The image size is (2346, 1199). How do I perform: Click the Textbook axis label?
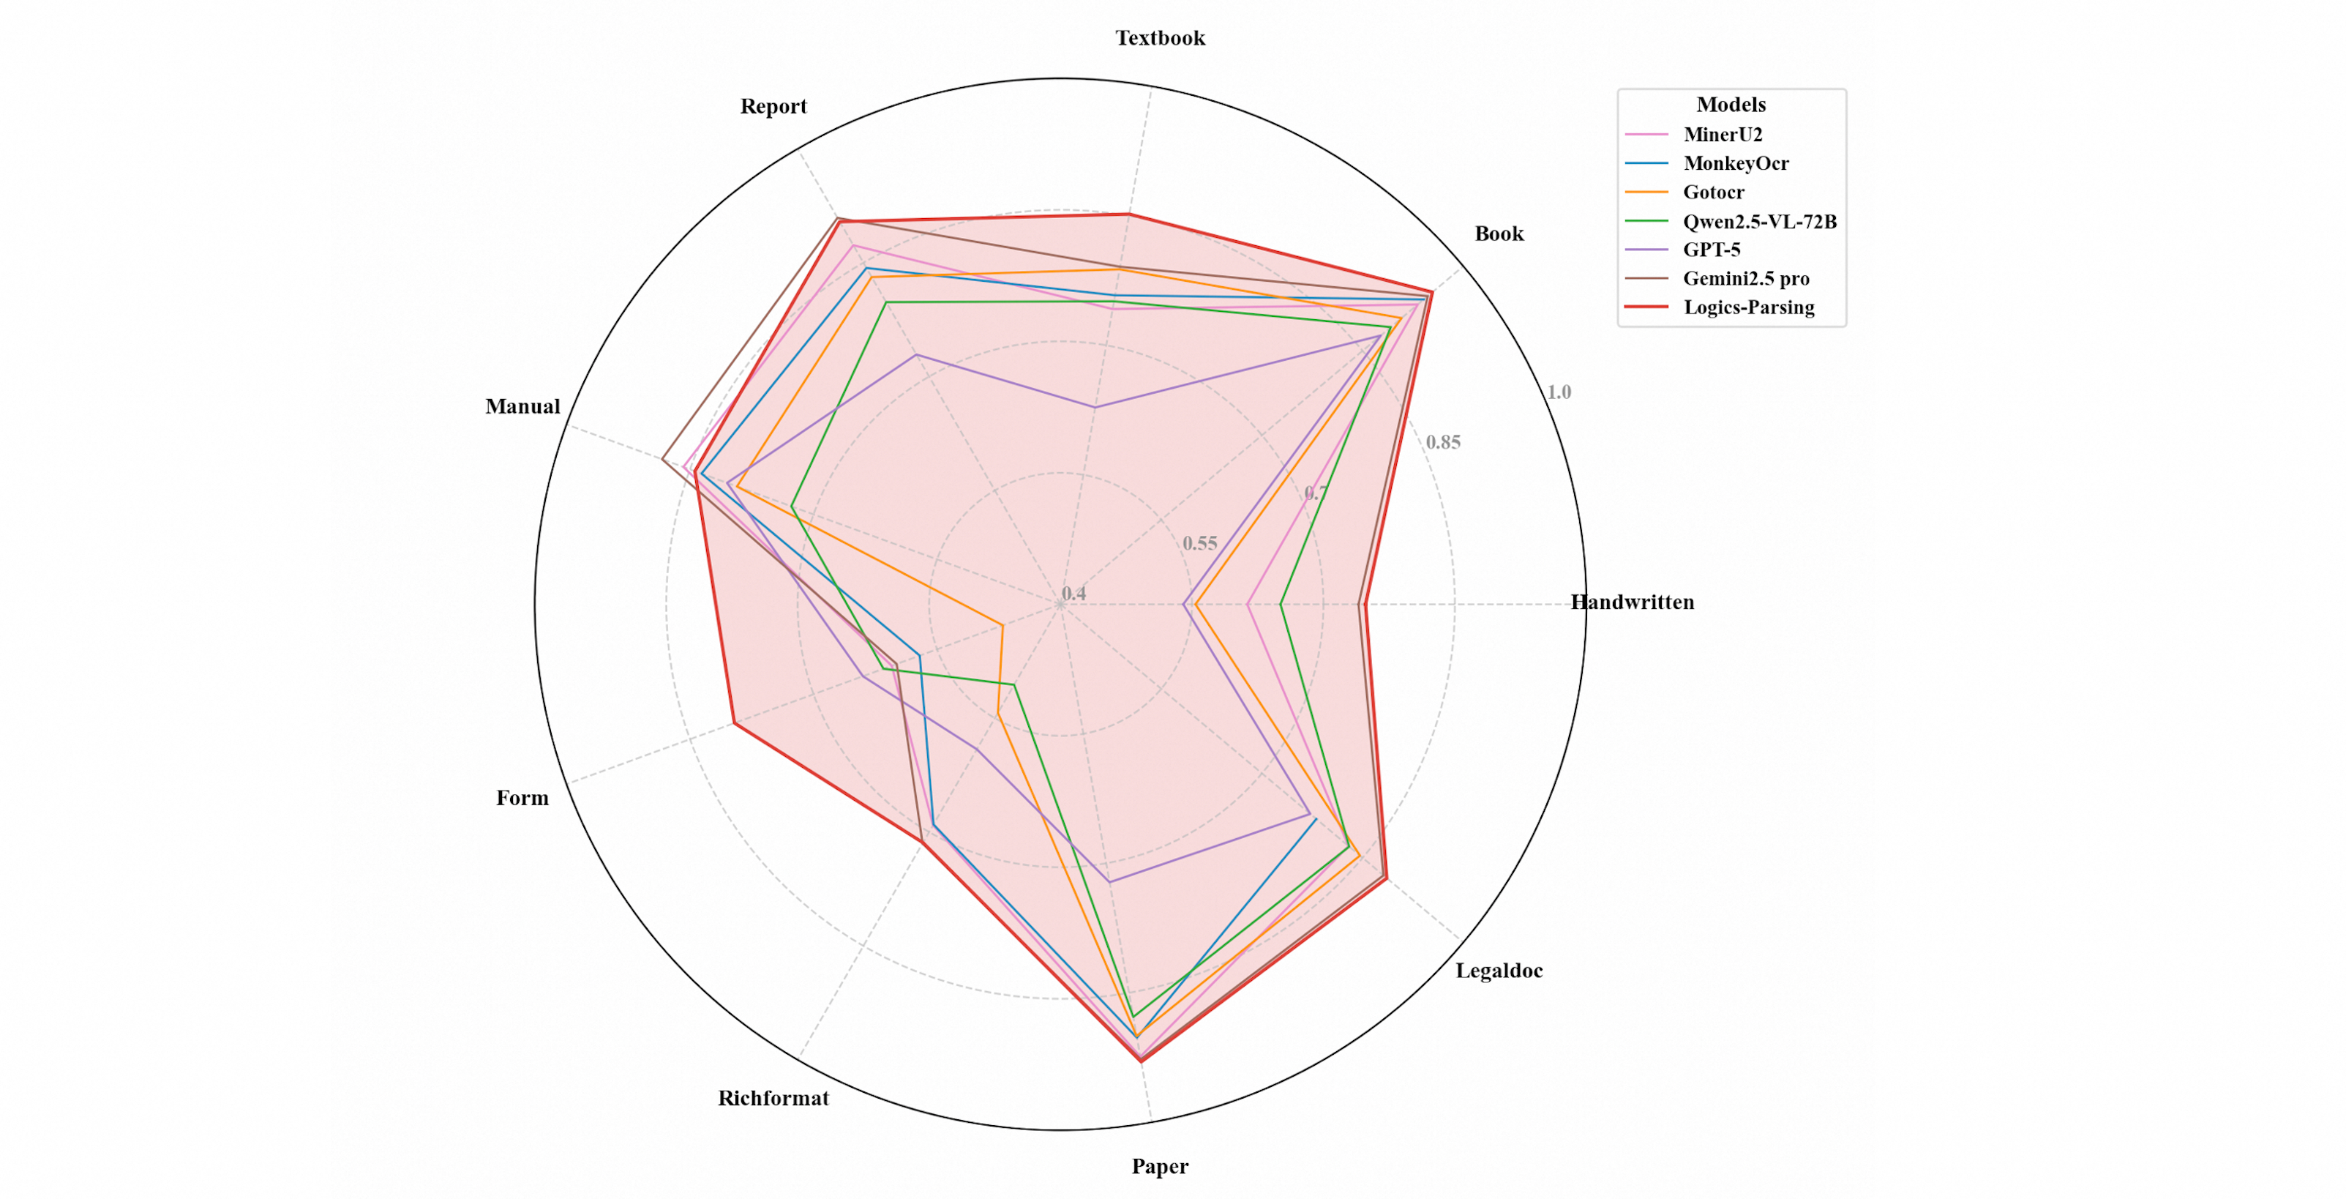point(1161,38)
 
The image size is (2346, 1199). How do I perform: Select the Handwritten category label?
point(1632,602)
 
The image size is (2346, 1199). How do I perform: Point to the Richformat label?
point(773,1098)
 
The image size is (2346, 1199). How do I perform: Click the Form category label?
point(522,798)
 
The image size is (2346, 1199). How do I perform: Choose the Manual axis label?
point(522,406)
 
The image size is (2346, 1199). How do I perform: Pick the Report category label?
point(773,107)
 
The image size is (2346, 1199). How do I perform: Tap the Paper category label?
point(1159,1166)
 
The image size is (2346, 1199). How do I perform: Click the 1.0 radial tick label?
point(1558,392)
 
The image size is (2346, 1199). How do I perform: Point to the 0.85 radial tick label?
point(1442,443)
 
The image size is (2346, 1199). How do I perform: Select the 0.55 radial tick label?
point(1199,544)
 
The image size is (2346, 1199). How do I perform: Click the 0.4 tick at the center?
point(1073,594)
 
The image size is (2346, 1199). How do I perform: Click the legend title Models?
point(1731,105)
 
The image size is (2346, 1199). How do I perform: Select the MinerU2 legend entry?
point(1722,135)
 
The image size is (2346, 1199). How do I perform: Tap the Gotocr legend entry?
point(1713,193)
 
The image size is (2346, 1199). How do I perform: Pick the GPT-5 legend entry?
point(1712,250)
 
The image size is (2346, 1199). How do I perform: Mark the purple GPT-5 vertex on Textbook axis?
point(1095,407)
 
